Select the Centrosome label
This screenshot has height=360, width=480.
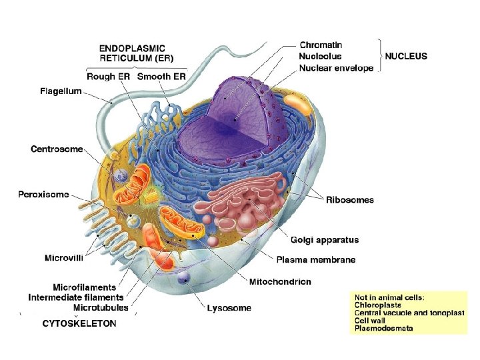(57, 149)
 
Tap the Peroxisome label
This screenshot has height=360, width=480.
(43, 195)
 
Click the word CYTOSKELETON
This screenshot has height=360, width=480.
(79, 323)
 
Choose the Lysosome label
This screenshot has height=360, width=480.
(229, 308)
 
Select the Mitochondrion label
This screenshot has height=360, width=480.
(280, 282)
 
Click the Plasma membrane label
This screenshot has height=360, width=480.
(316, 260)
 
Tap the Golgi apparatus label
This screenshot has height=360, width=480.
(325, 240)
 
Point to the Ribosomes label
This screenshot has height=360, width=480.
(350, 199)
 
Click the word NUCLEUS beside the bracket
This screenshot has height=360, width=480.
(406, 57)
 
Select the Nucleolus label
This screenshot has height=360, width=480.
(321, 57)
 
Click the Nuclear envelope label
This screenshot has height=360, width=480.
(337, 68)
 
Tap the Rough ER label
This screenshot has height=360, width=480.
(109, 77)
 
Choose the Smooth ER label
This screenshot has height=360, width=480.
(161, 77)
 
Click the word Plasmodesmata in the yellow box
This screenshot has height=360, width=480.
(384, 328)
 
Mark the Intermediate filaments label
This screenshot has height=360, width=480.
(76, 297)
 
